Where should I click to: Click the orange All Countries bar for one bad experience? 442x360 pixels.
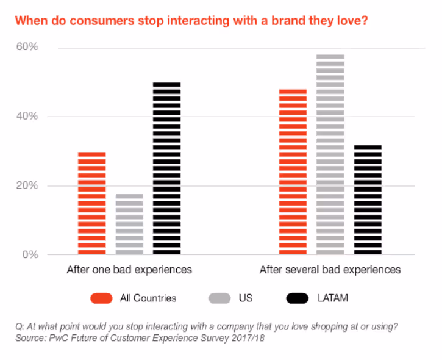coord(92,203)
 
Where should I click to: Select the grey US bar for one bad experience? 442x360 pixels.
coord(129,224)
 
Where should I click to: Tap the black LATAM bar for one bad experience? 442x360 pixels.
coord(166,168)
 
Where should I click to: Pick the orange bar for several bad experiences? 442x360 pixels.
coord(293,172)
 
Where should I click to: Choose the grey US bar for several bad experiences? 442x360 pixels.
coord(330,154)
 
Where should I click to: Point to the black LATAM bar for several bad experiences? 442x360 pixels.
coord(368,200)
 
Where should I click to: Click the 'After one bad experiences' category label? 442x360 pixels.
coord(129,269)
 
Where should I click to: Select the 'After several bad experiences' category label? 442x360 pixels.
coord(330,269)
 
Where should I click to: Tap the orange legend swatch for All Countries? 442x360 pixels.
coord(101,298)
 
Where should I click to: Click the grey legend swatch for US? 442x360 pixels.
coord(219,298)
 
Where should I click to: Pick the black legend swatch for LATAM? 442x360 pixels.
coord(297,298)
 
